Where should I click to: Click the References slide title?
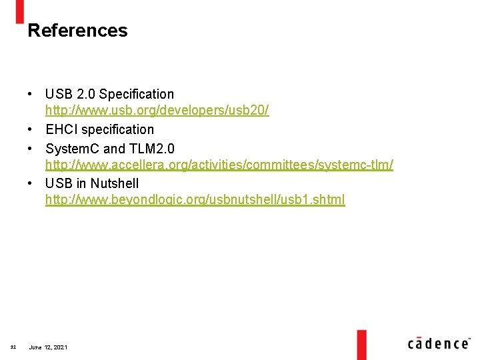click(x=77, y=31)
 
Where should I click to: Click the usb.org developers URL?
click(x=157, y=111)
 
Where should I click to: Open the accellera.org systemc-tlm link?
click(x=219, y=164)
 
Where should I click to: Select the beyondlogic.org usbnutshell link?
click(x=195, y=199)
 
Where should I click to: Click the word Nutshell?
click(x=115, y=183)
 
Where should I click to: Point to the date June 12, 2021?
click(x=48, y=347)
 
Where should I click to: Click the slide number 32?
click(x=13, y=347)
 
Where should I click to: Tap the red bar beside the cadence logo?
click(x=361, y=344)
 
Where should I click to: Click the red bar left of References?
click(x=19, y=11)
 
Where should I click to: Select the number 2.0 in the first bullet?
click(x=83, y=94)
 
